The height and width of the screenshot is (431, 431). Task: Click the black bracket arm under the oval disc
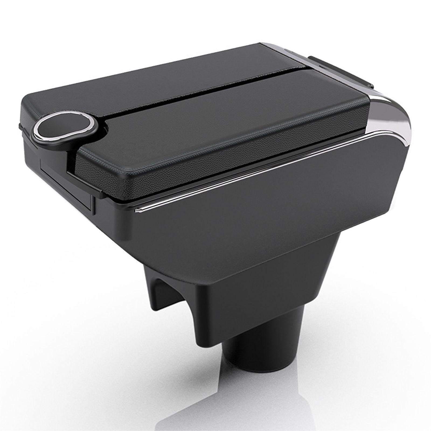[67, 151]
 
